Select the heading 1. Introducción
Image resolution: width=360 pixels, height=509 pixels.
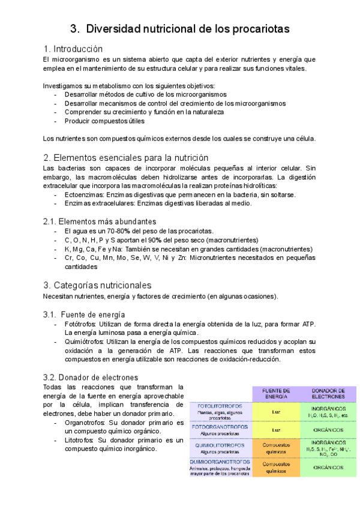click(73, 49)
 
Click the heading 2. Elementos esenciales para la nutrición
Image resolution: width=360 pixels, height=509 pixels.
click(126, 158)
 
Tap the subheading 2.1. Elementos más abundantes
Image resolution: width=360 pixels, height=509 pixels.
click(100, 221)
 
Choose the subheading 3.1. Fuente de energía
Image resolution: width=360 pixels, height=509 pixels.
click(84, 314)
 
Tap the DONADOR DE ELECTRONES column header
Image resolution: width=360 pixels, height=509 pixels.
click(328, 393)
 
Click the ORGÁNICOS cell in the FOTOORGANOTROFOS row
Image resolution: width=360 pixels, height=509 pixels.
click(328, 430)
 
